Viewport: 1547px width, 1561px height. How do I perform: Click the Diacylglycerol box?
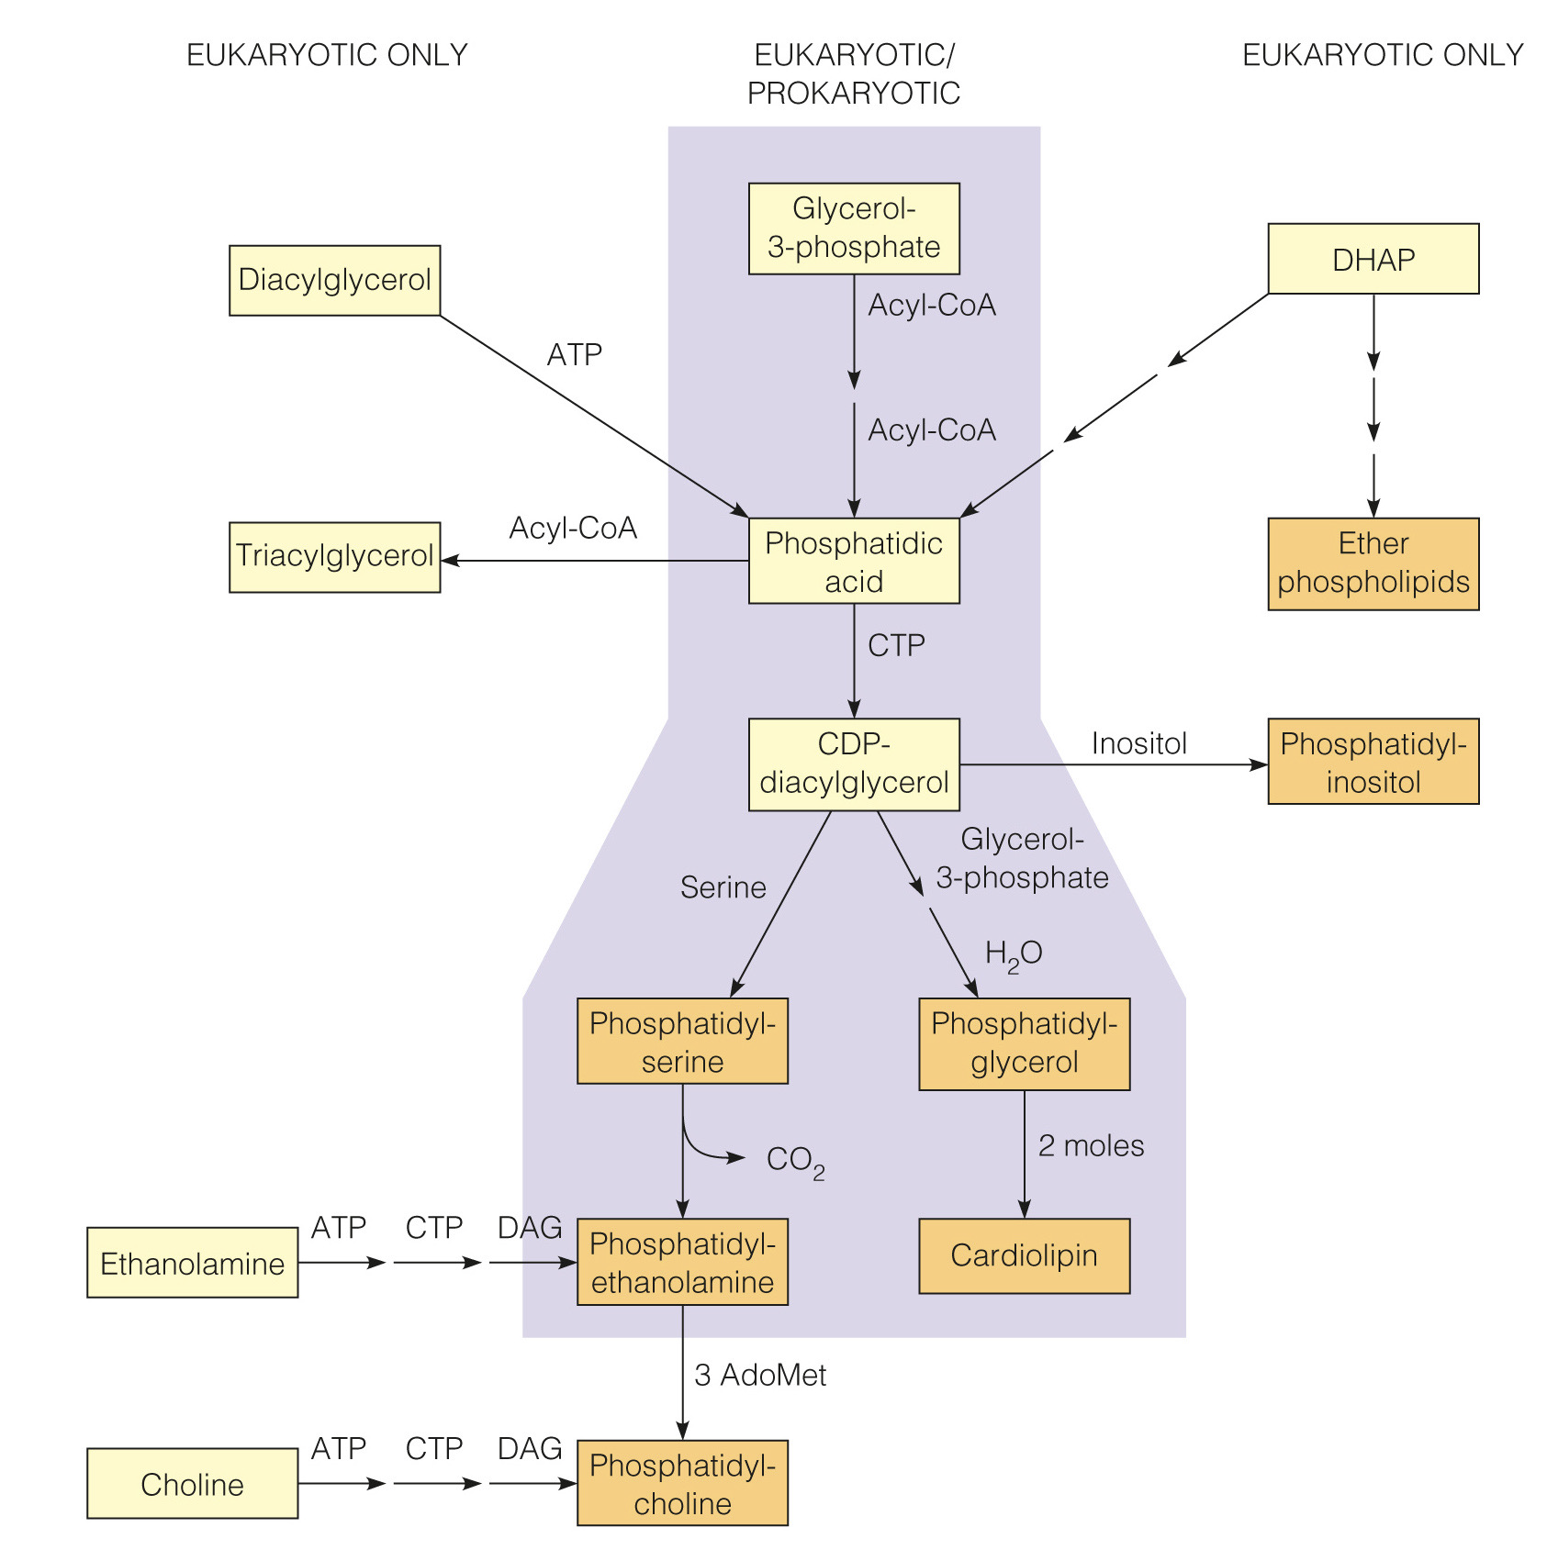(334, 280)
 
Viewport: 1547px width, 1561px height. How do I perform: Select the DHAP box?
(1373, 259)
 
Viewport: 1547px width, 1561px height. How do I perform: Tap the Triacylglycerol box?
(334, 557)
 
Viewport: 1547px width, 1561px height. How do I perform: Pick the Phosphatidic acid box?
(853, 561)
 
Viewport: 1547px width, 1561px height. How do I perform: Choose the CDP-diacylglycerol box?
(853, 764)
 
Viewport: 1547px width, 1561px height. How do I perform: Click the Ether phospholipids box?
(1373, 563)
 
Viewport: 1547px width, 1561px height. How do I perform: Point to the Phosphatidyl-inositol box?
(1373, 762)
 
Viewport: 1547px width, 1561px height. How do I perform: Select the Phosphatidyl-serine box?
(682, 1042)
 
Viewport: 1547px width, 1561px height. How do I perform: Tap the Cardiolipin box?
(1024, 1255)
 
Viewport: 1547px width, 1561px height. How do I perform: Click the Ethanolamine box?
(192, 1263)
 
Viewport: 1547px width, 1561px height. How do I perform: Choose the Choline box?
(192, 1483)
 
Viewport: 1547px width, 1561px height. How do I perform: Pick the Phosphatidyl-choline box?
(682, 1483)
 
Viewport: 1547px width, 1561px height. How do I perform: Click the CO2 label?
(795, 1161)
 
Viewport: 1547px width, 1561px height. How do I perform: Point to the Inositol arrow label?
(1138, 743)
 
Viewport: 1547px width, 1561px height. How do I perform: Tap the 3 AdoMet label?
(760, 1375)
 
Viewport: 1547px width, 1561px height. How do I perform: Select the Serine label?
(723, 887)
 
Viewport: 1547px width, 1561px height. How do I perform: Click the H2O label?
(1013, 954)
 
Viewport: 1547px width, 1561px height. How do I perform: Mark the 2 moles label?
(1091, 1145)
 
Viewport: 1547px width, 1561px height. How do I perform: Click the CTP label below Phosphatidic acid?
(896, 645)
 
